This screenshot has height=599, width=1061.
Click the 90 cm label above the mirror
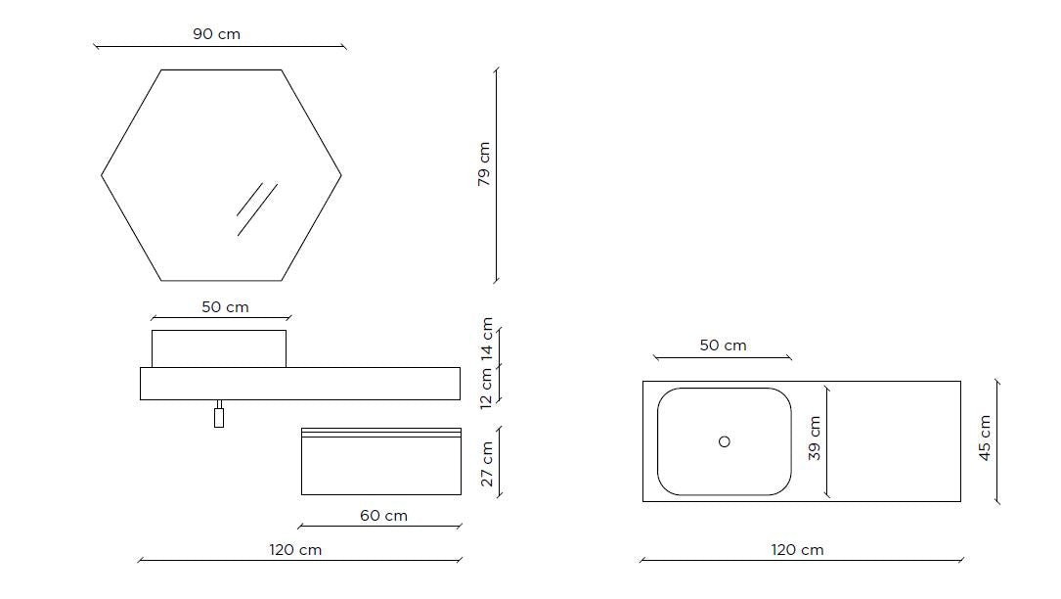(216, 34)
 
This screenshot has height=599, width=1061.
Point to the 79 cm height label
(484, 164)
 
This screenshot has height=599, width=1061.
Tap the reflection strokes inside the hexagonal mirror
(257, 209)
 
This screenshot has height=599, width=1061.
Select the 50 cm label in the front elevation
(225, 307)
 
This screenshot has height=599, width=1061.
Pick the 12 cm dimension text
(487, 389)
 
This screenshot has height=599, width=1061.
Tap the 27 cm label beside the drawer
(487, 464)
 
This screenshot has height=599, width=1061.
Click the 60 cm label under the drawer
(383, 516)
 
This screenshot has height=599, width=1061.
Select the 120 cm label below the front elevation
(295, 549)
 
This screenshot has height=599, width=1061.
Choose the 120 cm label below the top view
(798, 549)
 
